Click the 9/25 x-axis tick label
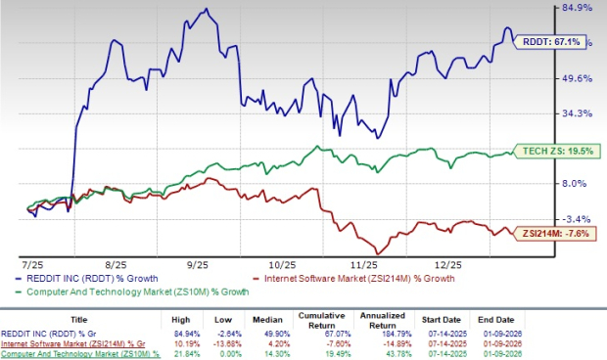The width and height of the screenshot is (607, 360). (x=199, y=264)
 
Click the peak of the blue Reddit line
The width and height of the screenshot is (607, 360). (x=205, y=10)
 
